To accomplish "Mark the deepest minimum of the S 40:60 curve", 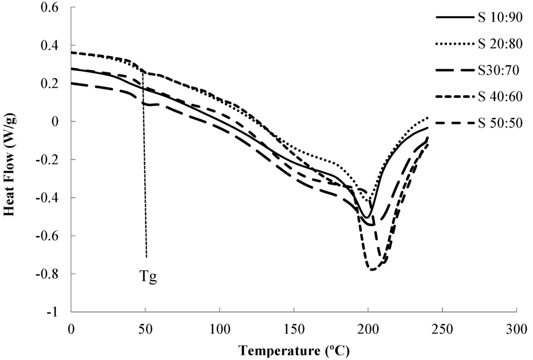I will [x=372, y=269].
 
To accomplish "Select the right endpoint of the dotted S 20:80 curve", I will [x=427, y=118].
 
